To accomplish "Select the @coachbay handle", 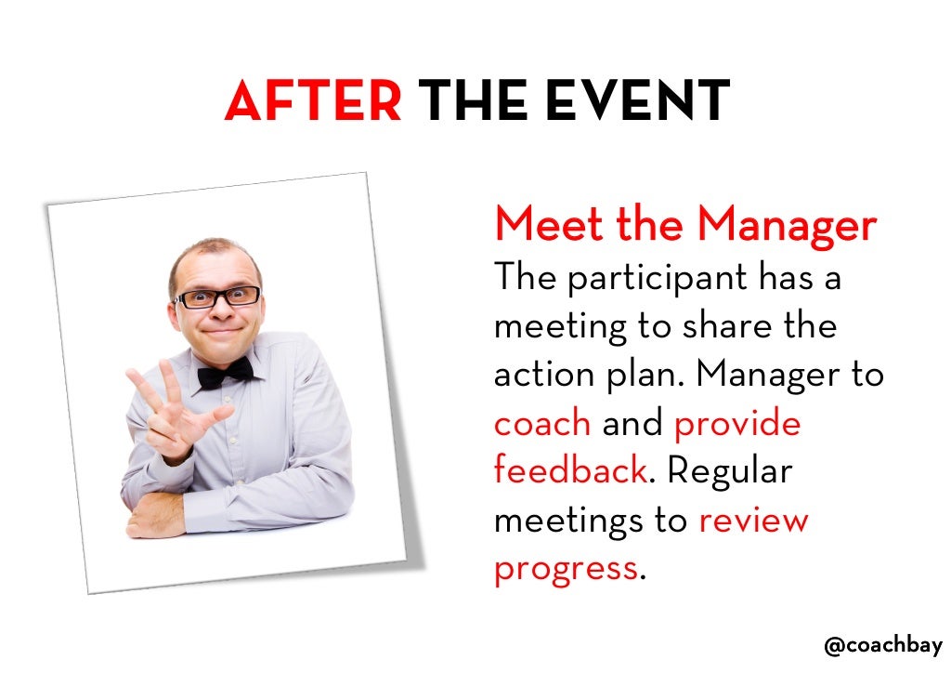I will point(882,645).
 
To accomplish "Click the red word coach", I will point(542,423).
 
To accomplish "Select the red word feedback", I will point(569,470).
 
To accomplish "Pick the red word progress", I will point(566,567).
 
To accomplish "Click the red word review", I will point(753,519).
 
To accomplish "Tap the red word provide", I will point(736,423).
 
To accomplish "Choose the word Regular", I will point(729,470).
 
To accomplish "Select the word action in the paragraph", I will point(541,374).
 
